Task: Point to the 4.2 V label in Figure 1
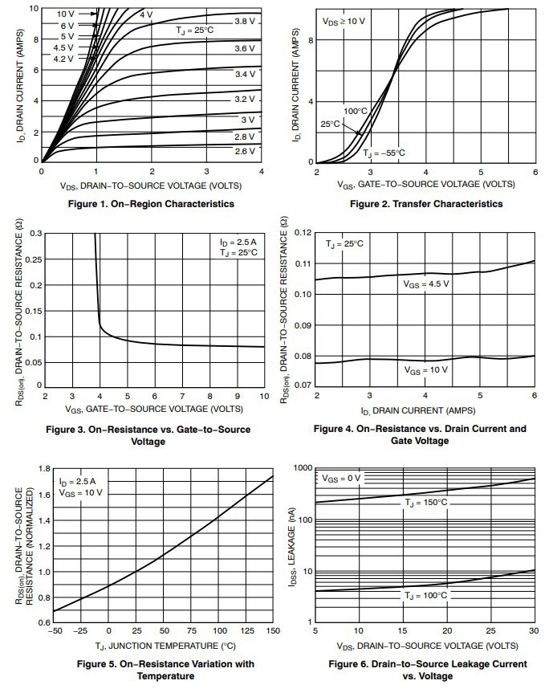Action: pyautogui.click(x=64, y=59)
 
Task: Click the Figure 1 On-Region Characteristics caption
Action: pyautogui.click(x=153, y=204)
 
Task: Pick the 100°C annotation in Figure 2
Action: pyautogui.click(x=356, y=111)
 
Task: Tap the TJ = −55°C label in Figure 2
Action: pyautogui.click(x=384, y=153)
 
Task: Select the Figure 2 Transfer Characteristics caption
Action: pyautogui.click(x=426, y=204)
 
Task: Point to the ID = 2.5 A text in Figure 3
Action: pyautogui.click(x=238, y=242)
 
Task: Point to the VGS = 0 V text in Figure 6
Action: pyautogui.click(x=343, y=478)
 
